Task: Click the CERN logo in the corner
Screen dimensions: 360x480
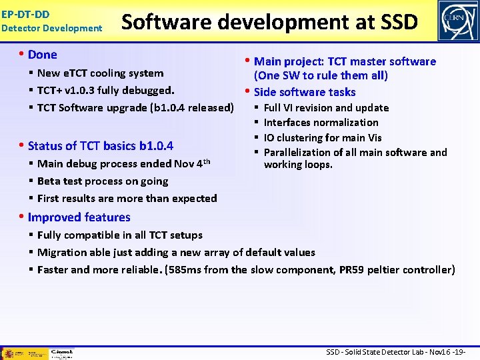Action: [x=457, y=21]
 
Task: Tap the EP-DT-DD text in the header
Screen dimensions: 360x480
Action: [x=25, y=13]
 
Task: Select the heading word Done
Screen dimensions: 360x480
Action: [x=43, y=55]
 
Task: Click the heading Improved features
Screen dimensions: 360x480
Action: [x=79, y=217]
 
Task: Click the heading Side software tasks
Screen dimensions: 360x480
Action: [x=305, y=92]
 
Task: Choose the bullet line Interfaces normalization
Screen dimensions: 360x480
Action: [x=321, y=123]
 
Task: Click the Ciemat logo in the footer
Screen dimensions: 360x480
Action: [x=61, y=352]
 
